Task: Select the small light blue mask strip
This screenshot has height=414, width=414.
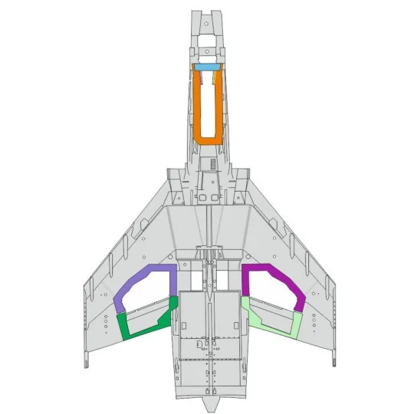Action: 207,67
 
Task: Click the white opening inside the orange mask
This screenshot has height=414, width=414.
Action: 207,103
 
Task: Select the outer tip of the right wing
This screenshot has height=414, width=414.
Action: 333,354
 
